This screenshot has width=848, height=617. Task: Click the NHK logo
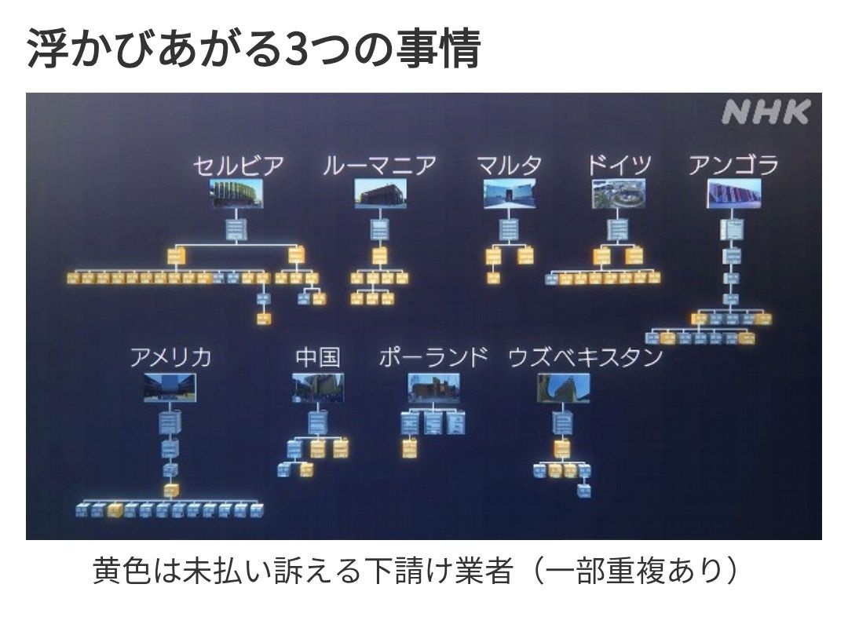point(765,112)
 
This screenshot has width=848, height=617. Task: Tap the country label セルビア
point(238,166)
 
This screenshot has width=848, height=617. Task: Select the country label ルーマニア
point(380,166)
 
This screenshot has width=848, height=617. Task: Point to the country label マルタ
point(509,166)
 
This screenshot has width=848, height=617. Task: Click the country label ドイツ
point(619,166)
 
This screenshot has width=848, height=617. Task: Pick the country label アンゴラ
point(733,166)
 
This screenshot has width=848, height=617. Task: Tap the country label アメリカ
point(170,358)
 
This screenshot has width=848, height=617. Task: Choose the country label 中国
point(318,358)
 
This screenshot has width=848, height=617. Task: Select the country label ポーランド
point(433,358)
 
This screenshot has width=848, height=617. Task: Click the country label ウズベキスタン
point(585,358)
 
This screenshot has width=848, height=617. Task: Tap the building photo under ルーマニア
point(380,194)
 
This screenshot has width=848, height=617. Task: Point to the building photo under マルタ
point(510,194)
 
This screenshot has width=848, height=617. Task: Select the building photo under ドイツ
point(619,194)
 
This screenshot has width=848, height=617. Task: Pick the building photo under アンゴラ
point(734,194)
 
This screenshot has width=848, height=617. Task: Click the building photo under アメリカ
point(170,388)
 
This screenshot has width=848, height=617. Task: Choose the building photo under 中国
point(318,388)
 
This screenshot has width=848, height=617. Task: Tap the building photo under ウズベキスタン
point(564,388)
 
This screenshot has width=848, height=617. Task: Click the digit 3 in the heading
point(296,50)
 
